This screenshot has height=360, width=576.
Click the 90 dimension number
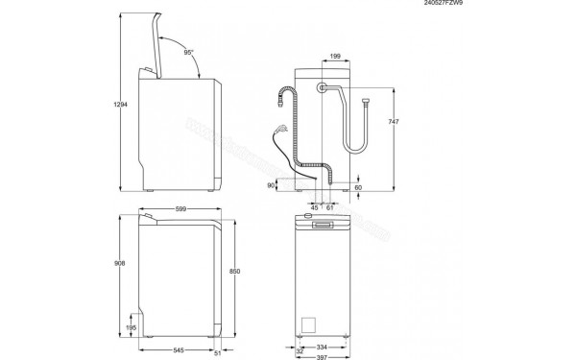pos(272,185)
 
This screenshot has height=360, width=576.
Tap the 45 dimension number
pos(314,206)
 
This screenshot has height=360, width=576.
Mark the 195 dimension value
pos(132,328)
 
